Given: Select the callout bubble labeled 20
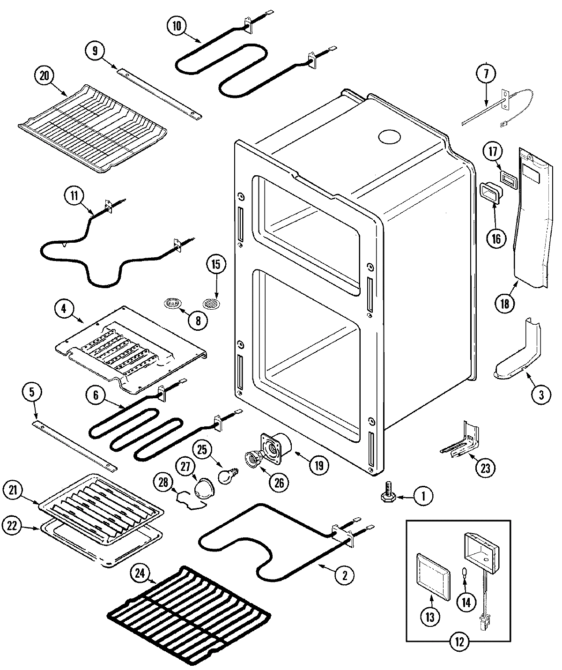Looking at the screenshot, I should pos(44,76).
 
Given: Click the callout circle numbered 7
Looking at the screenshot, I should pos(486,74).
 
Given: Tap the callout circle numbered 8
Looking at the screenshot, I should pos(198,320).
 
